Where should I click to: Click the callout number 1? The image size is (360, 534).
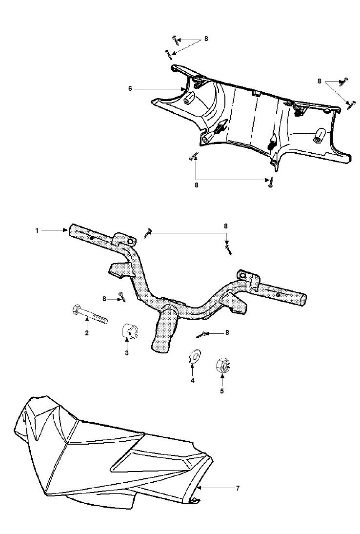tap(37, 230)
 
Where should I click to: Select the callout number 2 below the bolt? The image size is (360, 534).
tap(87, 333)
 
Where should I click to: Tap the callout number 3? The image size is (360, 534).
tap(126, 353)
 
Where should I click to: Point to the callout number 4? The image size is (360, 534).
tap(192, 380)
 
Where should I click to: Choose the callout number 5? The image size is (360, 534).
tap(222, 391)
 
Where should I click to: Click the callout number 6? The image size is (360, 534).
tap(130, 88)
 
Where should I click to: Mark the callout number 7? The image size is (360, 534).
tap(238, 489)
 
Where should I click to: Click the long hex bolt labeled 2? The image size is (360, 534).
tap(90, 314)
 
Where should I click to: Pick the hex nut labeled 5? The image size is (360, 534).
tap(223, 366)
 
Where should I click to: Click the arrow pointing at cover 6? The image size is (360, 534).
tap(160, 89)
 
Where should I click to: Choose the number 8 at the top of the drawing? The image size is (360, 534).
tap(206, 39)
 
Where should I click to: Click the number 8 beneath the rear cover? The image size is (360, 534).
tap(196, 185)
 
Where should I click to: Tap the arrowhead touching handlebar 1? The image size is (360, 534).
tap(66, 230)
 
